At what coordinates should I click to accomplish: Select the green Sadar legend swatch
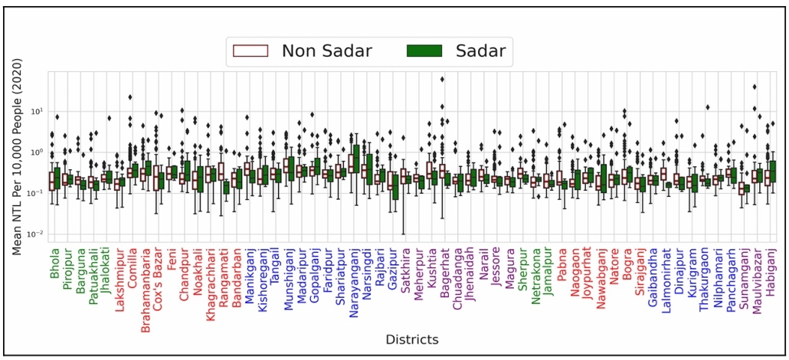click(422, 51)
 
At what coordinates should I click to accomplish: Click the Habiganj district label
click(770, 269)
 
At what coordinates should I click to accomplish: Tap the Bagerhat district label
click(444, 268)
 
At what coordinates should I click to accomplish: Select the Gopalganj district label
click(314, 273)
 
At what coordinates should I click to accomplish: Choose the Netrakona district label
click(535, 272)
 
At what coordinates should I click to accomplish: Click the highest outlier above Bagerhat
click(442, 79)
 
